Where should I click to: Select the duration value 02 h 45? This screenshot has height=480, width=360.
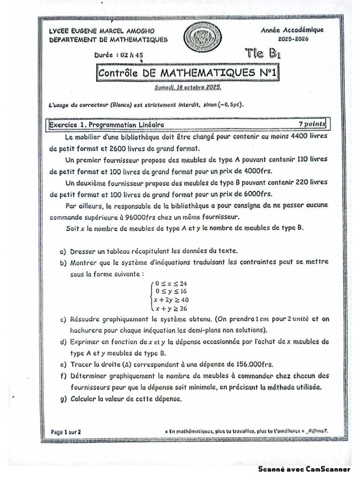pyautogui.click(x=132, y=55)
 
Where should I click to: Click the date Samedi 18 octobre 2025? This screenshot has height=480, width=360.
pyautogui.click(x=187, y=88)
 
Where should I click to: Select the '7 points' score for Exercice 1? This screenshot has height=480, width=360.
pyautogui.click(x=311, y=124)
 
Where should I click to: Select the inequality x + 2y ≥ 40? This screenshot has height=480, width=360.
pyautogui.click(x=171, y=300)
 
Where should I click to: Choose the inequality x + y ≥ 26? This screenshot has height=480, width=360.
pyautogui.click(x=170, y=308)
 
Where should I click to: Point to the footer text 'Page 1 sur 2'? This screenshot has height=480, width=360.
pyautogui.click(x=66, y=431)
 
